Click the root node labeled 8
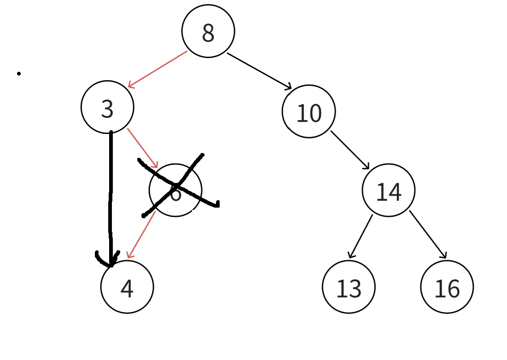(208, 31)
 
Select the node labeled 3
(107, 108)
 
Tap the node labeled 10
(309, 111)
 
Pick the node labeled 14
(389, 191)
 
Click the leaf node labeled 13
(349, 287)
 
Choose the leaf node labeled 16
(447, 287)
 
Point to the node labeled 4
(127, 287)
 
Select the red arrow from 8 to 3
(157, 69)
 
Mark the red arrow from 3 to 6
(143, 148)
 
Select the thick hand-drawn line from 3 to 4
(111, 193)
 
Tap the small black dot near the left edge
(19, 73)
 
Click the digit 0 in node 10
(315, 113)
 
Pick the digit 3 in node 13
(355, 289)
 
